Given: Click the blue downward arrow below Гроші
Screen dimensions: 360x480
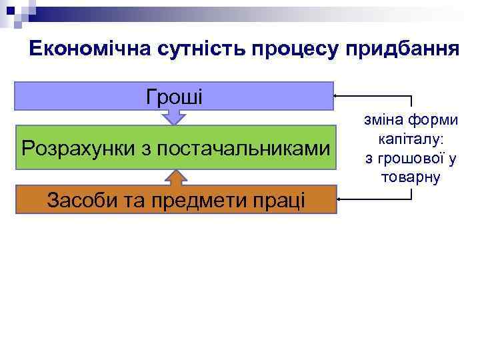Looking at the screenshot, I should click(x=174, y=117).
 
